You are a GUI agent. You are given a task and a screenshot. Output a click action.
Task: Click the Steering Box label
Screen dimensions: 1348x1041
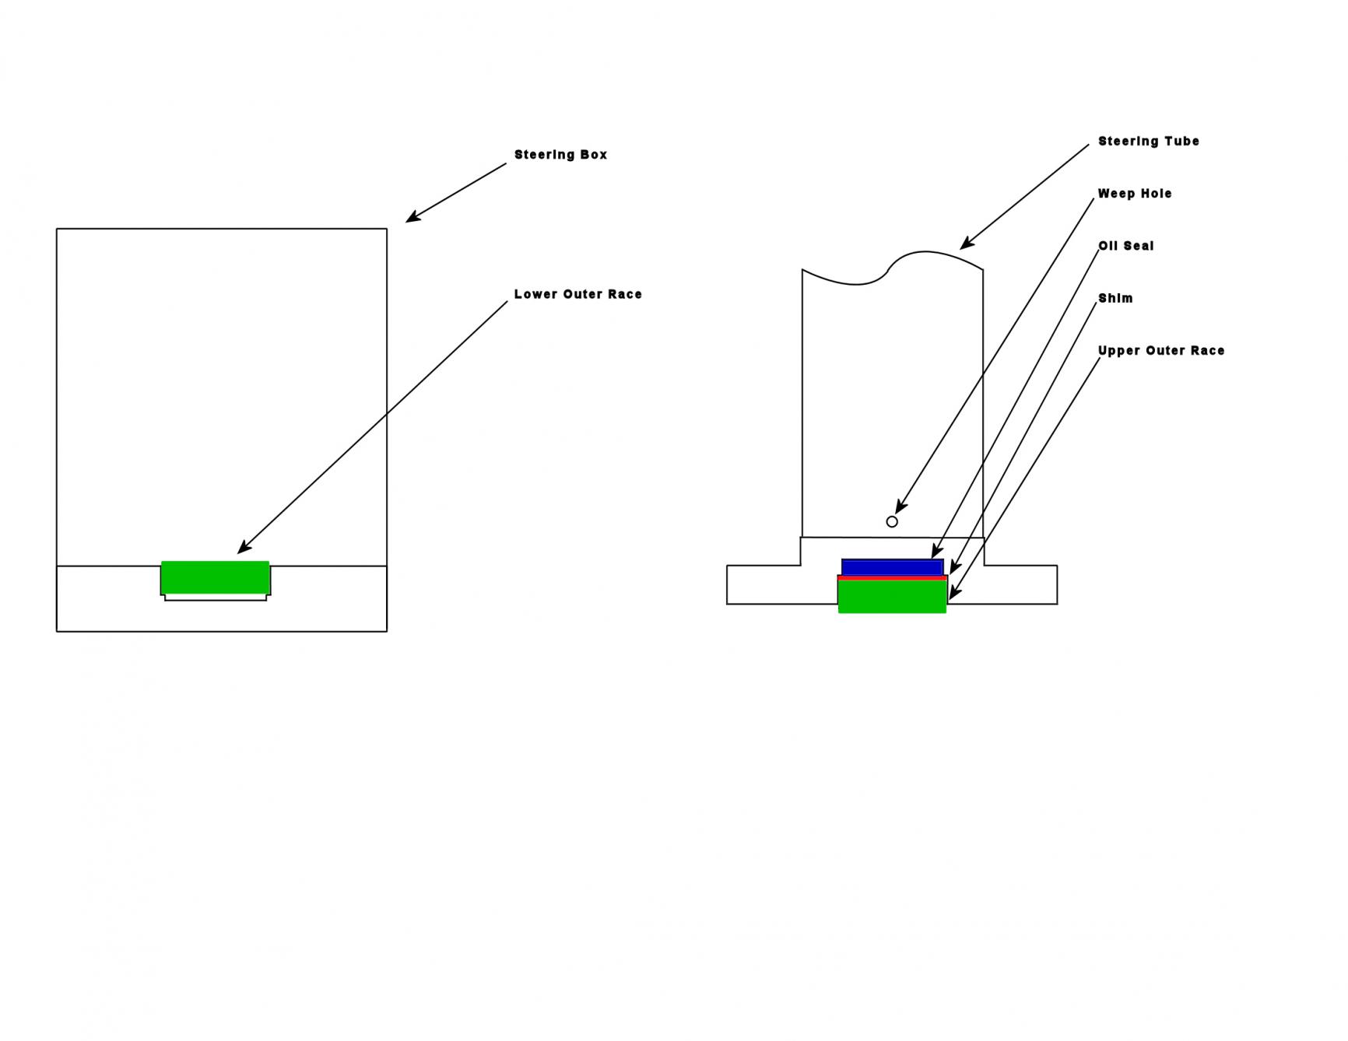click(560, 155)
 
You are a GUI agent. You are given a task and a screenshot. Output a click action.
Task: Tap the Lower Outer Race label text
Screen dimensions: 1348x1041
click(577, 294)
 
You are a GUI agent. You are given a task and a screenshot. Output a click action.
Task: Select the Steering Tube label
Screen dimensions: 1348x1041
click(1149, 141)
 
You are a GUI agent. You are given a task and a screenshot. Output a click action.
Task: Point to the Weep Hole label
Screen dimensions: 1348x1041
click(1135, 194)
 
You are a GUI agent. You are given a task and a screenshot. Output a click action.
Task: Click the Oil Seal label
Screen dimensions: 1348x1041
click(1126, 246)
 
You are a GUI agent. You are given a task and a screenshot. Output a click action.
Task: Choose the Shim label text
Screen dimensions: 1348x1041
click(1115, 298)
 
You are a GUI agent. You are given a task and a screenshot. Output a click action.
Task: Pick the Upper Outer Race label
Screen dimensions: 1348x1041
click(1161, 351)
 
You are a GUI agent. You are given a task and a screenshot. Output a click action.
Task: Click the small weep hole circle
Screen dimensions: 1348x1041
click(892, 521)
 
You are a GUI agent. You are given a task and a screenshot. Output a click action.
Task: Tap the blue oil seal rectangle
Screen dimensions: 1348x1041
click(893, 567)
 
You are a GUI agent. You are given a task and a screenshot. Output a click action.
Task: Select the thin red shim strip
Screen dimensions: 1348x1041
click(893, 578)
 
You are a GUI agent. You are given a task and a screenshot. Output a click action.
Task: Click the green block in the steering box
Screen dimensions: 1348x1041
click(216, 577)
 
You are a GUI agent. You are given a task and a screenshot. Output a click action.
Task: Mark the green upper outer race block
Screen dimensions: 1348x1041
click(893, 597)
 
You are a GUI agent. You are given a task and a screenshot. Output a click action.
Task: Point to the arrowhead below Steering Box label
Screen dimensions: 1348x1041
click(413, 217)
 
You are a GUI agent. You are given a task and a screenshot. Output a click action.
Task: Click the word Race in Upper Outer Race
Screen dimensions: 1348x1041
click(1207, 351)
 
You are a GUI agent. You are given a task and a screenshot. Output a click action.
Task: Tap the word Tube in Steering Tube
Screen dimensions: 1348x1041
click(1181, 141)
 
